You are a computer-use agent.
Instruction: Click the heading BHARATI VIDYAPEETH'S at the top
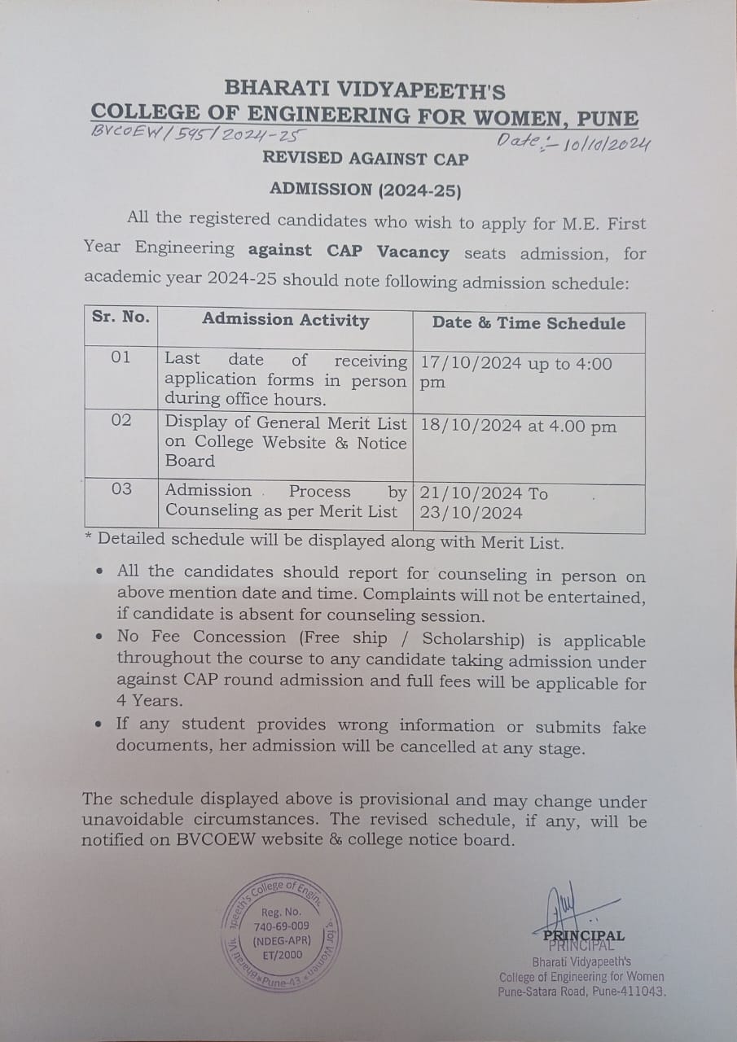point(365,89)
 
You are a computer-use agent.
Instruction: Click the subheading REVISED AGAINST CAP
point(365,159)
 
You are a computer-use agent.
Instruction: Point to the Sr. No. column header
point(121,317)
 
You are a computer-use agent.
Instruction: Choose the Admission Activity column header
point(285,320)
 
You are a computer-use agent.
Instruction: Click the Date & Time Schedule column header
point(529,323)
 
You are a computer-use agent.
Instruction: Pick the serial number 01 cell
point(121,357)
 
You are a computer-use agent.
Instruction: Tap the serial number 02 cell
point(121,420)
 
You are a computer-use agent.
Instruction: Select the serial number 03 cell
point(121,489)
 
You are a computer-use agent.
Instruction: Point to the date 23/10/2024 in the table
point(471,513)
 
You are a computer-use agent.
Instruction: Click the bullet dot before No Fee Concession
point(99,637)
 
